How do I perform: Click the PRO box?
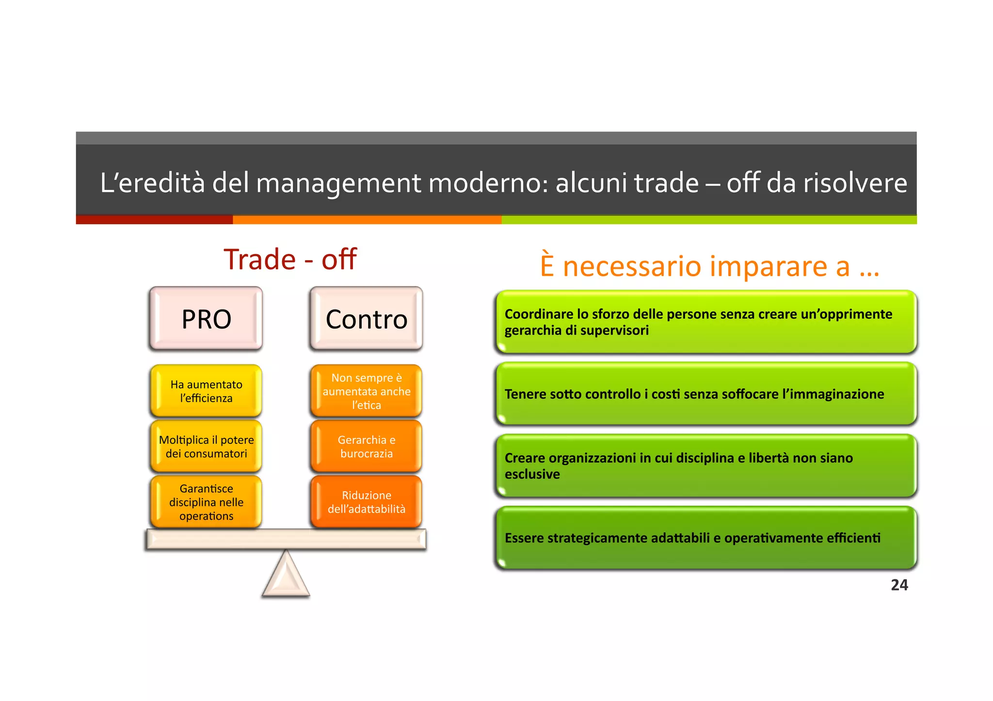pyautogui.click(x=206, y=319)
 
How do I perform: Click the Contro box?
pyautogui.click(x=366, y=319)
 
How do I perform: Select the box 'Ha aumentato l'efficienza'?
pyautogui.click(x=206, y=391)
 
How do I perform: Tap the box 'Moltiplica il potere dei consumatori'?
pyautogui.click(x=206, y=446)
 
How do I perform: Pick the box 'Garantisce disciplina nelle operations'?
pyautogui.click(x=206, y=502)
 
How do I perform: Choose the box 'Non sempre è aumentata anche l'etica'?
pyautogui.click(x=366, y=391)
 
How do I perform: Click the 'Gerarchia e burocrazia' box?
pyautogui.click(x=366, y=446)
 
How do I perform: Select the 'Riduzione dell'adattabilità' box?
pyautogui.click(x=366, y=502)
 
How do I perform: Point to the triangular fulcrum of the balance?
pyautogui.click(x=286, y=576)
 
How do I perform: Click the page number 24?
pyautogui.click(x=899, y=585)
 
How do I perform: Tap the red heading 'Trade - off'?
pyautogui.click(x=290, y=259)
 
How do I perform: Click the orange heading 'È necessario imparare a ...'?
pyautogui.click(x=709, y=266)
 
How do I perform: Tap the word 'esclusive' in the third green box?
pyautogui.click(x=532, y=474)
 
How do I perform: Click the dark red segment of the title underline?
pyautogui.click(x=154, y=220)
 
